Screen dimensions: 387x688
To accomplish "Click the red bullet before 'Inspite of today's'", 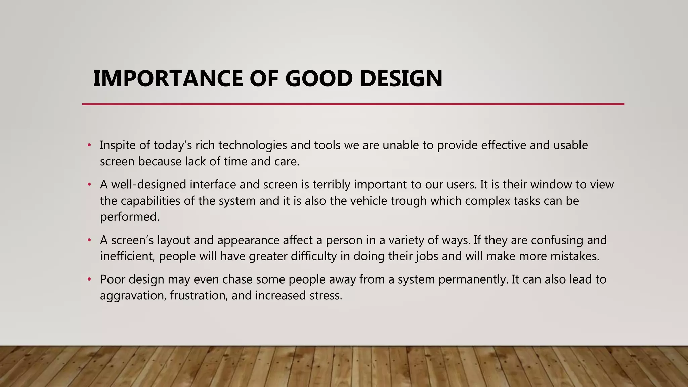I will pyautogui.click(x=89, y=145).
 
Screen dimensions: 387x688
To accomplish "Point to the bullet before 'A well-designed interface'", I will pyautogui.click(x=89, y=185).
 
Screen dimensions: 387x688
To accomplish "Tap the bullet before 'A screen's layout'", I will pyautogui.click(x=89, y=240).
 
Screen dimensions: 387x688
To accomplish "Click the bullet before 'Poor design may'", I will pyautogui.click(x=89, y=279).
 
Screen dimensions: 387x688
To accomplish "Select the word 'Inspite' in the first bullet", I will pyautogui.click(x=118, y=145).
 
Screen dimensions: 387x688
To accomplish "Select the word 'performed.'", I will pyautogui.click(x=130, y=217).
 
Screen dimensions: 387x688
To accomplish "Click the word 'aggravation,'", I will pyautogui.click(x=133, y=296).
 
